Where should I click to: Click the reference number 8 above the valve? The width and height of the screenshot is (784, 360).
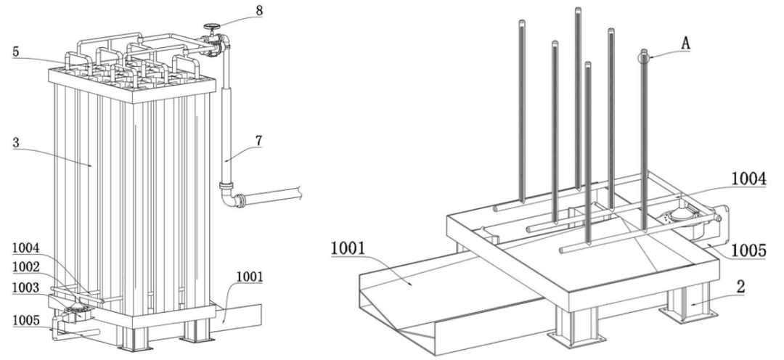click(x=259, y=10)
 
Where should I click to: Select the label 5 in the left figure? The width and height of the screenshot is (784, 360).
click(x=16, y=52)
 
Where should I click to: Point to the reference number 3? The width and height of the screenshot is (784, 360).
click(x=16, y=142)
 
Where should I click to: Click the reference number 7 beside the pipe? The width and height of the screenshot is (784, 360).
click(x=258, y=141)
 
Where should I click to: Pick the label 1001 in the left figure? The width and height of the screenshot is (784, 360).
click(x=249, y=277)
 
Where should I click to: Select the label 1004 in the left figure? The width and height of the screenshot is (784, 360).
click(x=25, y=247)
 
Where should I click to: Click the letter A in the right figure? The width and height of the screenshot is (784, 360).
click(x=685, y=44)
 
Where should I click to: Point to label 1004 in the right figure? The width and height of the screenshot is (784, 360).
click(x=748, y=179)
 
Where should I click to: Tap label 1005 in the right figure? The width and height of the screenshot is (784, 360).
click(x=748, y=250)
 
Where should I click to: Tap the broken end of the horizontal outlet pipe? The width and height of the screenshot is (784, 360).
click(x=300, y=192)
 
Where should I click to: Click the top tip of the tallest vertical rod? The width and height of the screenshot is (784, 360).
click(x=578, y=9)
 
